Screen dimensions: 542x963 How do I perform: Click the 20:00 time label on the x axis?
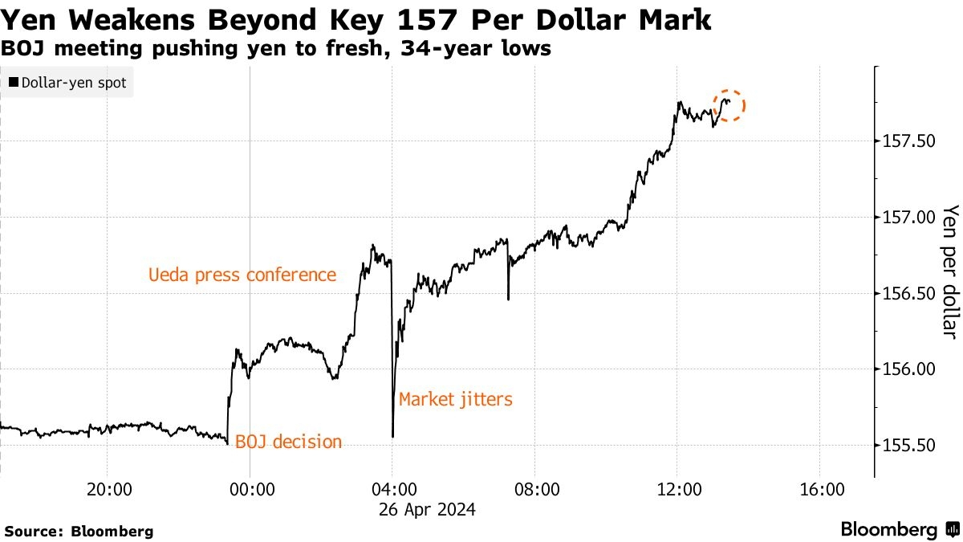109,489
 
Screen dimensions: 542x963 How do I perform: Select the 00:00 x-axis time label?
251,489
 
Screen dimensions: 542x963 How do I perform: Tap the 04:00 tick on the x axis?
393,489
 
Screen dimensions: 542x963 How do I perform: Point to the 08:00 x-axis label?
535,489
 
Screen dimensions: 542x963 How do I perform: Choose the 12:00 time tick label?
677,489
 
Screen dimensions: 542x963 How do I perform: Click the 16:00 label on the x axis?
819,489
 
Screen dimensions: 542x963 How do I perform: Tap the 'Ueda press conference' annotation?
242,275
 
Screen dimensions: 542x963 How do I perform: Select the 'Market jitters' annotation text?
455,399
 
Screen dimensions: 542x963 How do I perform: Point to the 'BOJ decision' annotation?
288,442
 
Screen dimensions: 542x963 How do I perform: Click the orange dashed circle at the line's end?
729,104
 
